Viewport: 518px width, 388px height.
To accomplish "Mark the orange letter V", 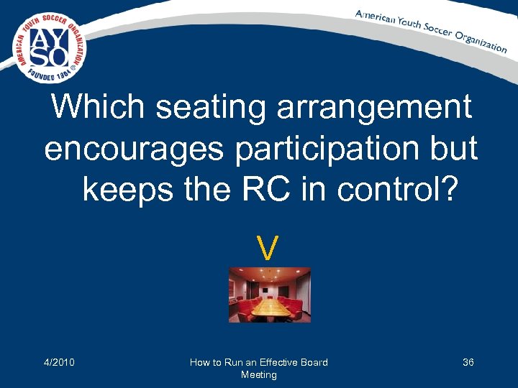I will (268, 249).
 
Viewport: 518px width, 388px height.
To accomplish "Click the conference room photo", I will (269, 295).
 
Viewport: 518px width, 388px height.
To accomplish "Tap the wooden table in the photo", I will (270, 308).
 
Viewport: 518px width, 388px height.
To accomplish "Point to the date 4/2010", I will (59, 362).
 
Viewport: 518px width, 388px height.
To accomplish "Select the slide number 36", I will (468, 362).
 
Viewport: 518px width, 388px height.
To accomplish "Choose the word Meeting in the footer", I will (259, 375).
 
